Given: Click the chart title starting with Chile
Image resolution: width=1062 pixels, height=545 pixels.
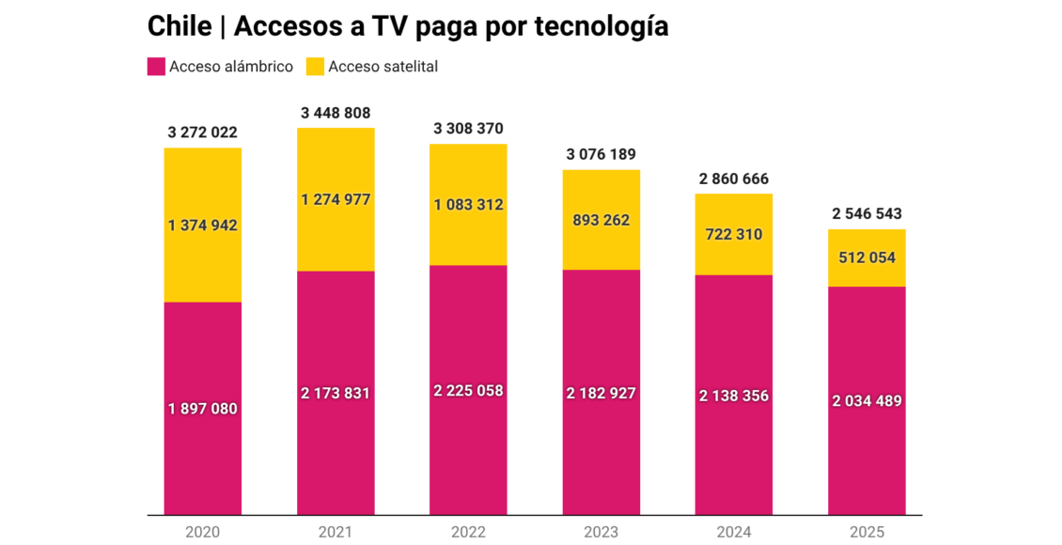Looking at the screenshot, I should pos(408,26).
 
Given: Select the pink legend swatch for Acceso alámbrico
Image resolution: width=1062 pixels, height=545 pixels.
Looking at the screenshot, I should pos(157,67).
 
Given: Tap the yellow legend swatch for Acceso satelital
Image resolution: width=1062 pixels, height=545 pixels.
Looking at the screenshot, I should pos(315,67).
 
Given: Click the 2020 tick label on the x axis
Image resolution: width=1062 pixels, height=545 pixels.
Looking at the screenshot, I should pos(202,532).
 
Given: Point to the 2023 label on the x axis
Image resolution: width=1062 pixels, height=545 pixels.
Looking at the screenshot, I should pos(601,532).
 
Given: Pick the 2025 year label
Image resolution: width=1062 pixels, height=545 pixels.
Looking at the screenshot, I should pos(867,532).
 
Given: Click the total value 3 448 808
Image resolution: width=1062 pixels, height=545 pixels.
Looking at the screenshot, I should pos(336,113).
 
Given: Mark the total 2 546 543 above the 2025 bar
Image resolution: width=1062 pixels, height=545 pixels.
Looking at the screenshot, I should pos(867,214).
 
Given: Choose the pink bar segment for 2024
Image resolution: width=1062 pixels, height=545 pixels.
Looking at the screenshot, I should pos(734,451).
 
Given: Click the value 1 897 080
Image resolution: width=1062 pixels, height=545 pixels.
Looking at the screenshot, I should pos(202,409).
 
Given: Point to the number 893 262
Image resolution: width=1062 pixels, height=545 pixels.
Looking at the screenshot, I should pos(601,220).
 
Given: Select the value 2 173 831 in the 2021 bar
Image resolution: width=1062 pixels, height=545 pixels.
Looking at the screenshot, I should pos(336,393).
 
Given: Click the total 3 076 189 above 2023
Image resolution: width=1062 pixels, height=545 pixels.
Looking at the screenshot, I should pos(601,155).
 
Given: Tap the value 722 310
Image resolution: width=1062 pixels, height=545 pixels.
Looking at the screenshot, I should pos(734,234).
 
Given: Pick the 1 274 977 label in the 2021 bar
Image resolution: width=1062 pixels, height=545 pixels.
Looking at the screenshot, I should pos(336,199).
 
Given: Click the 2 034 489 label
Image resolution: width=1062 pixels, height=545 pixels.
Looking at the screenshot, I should pos(867,401).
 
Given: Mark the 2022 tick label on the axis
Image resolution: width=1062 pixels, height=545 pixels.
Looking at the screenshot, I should pos(468,532).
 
